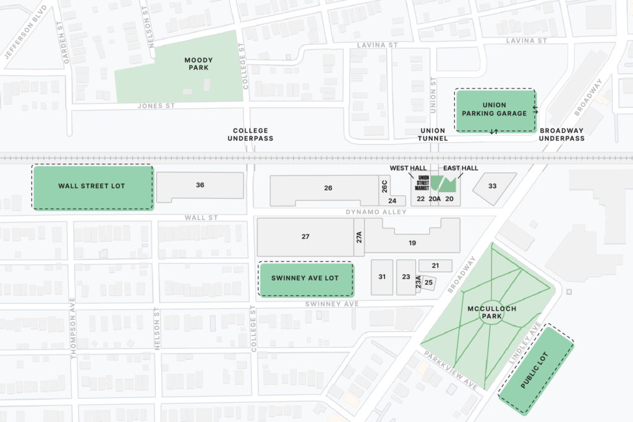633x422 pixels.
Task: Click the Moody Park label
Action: pyautogui.click(x=198, y=64)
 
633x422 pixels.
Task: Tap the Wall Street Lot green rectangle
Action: pyautogui.click(x=92, y=186)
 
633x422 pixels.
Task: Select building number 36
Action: pyautogui.click(x=200, y=185)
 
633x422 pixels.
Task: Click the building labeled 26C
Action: pyautogui.click(x=384, y=186)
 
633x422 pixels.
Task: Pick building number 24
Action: pyautogui.click(x=393, y=201)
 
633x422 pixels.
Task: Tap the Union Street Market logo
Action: pyautogui.click(x=423, y=182)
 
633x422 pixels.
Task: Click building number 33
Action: pyautogui.click(x=493, y=187)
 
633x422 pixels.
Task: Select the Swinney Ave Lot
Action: pyautogui.click(x=305, y=279)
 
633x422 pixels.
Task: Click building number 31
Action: pyautogui.click(x=382, y=277)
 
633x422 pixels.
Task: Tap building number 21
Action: pyautogui.click(x=435, y=266)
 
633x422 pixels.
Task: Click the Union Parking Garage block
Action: pyautogui.click(x=495, y=109)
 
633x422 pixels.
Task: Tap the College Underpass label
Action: pyautogui.click(x=250, y=134)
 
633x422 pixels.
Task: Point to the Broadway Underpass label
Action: pyautogui.click(x=561, y=134)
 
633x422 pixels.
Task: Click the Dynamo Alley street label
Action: pyautogui.click(x=385, y=212)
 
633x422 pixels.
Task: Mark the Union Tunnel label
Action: pyautogui.click(x=433, y=134)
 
